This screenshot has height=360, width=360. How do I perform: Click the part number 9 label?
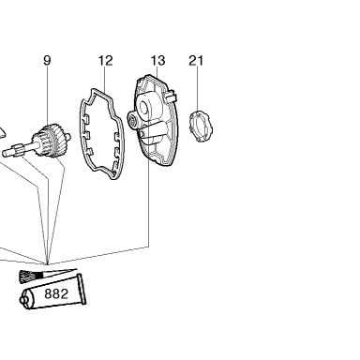(47, 60)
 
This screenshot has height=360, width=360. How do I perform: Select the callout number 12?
(105, 60)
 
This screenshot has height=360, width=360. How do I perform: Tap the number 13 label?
(157, 60)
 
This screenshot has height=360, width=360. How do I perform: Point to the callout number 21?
(196, 60)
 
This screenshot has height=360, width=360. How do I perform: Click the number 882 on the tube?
(56, 293)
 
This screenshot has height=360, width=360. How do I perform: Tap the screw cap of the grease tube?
(23, 300)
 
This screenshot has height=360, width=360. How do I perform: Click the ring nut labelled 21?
(202, 126)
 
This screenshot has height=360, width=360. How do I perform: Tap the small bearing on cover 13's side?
(132, 119)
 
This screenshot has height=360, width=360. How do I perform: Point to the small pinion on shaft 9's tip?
(17, 147)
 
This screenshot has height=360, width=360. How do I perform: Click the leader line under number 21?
(198, 88)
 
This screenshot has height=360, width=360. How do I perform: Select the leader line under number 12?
(104, 80)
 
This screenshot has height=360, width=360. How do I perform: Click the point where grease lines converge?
(47, 264)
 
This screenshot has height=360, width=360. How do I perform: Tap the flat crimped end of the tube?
(82, 289)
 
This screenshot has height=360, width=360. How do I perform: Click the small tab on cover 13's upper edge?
(171, 97)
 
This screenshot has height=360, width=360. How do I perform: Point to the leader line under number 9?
(48, 95)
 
